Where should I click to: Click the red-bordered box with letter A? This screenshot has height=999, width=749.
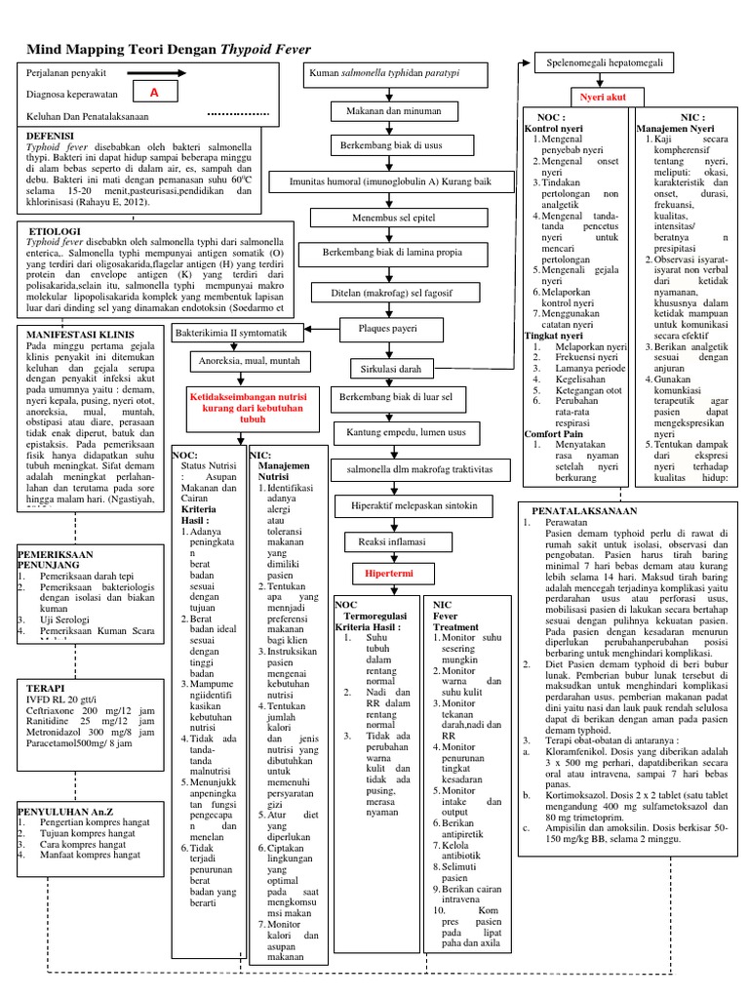154,94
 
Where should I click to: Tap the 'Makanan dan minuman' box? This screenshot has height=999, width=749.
389,111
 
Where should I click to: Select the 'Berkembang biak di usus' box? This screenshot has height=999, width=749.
389,145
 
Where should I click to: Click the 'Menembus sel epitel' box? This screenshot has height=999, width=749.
389,217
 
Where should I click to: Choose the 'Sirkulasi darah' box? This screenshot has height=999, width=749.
389,370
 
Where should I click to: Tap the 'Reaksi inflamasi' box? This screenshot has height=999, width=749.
389,540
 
